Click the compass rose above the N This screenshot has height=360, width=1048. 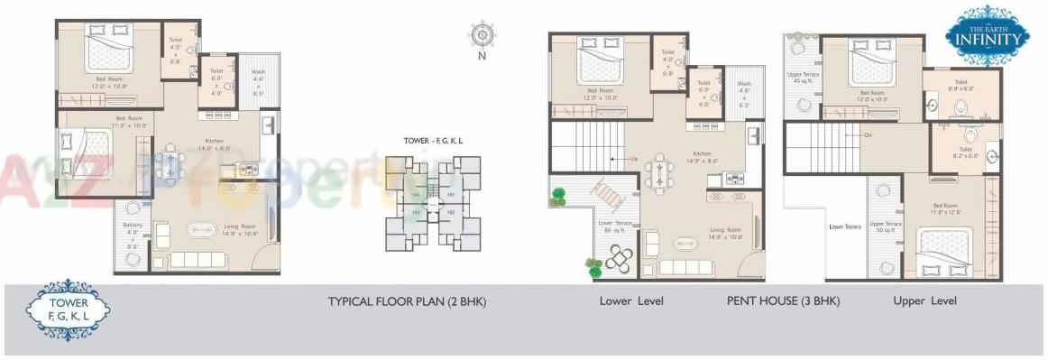coord(482,35)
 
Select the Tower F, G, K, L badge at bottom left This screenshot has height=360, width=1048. coord(69,310)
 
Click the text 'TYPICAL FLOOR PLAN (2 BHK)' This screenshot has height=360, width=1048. coord(407,301)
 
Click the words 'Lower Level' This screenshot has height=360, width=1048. coord(631,300)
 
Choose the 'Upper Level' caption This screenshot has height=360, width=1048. coord(924,300)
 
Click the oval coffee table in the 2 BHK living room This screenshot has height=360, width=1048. coord(204,229)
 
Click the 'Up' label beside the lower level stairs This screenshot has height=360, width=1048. coord(633,159)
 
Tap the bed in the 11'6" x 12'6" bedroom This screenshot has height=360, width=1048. coord(944,250)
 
